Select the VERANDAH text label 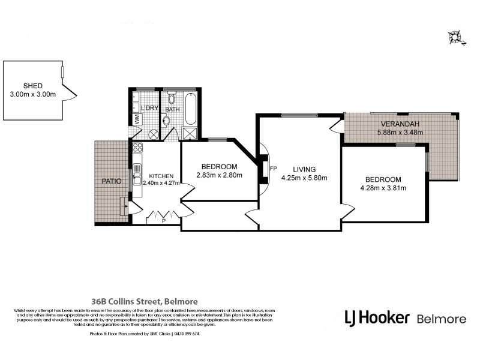pos(398,124)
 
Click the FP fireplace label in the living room pos(274,169)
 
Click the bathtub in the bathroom pos(191,107)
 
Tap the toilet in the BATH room pos(171,99)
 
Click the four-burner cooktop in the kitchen pos(137,148)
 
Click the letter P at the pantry pos(163,220)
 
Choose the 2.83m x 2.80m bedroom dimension pos(218,175)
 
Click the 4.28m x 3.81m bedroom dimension pos(383,188)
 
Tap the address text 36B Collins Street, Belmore pos(140,301)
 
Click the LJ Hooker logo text pos(376,316)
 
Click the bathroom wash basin pos(167,121)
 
